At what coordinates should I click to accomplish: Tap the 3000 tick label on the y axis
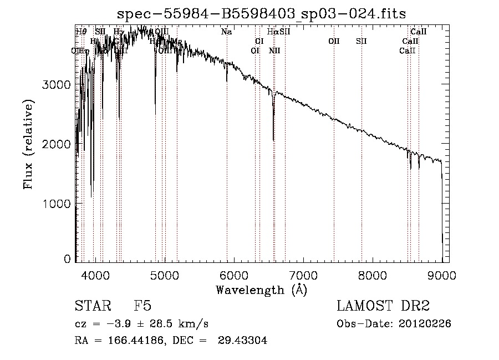[57, 84]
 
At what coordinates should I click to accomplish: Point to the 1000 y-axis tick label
[57, 204]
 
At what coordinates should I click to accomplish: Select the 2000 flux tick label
[57, 144]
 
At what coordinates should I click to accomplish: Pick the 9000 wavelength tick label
[442, 275]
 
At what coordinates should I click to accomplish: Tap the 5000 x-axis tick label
[165, 275]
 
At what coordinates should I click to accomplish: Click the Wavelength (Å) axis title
[261, 290]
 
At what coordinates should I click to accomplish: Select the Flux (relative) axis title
[28, 144]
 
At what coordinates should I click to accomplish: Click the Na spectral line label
[226, 32]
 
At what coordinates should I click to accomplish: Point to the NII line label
[274, 51]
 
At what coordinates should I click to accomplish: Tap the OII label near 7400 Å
[334, 41]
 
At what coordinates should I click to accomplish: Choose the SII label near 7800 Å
[361, 41]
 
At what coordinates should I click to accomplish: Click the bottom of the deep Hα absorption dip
[273, 140]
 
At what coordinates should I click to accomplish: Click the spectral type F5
[142, 307]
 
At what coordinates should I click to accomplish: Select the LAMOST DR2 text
[383, 307]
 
